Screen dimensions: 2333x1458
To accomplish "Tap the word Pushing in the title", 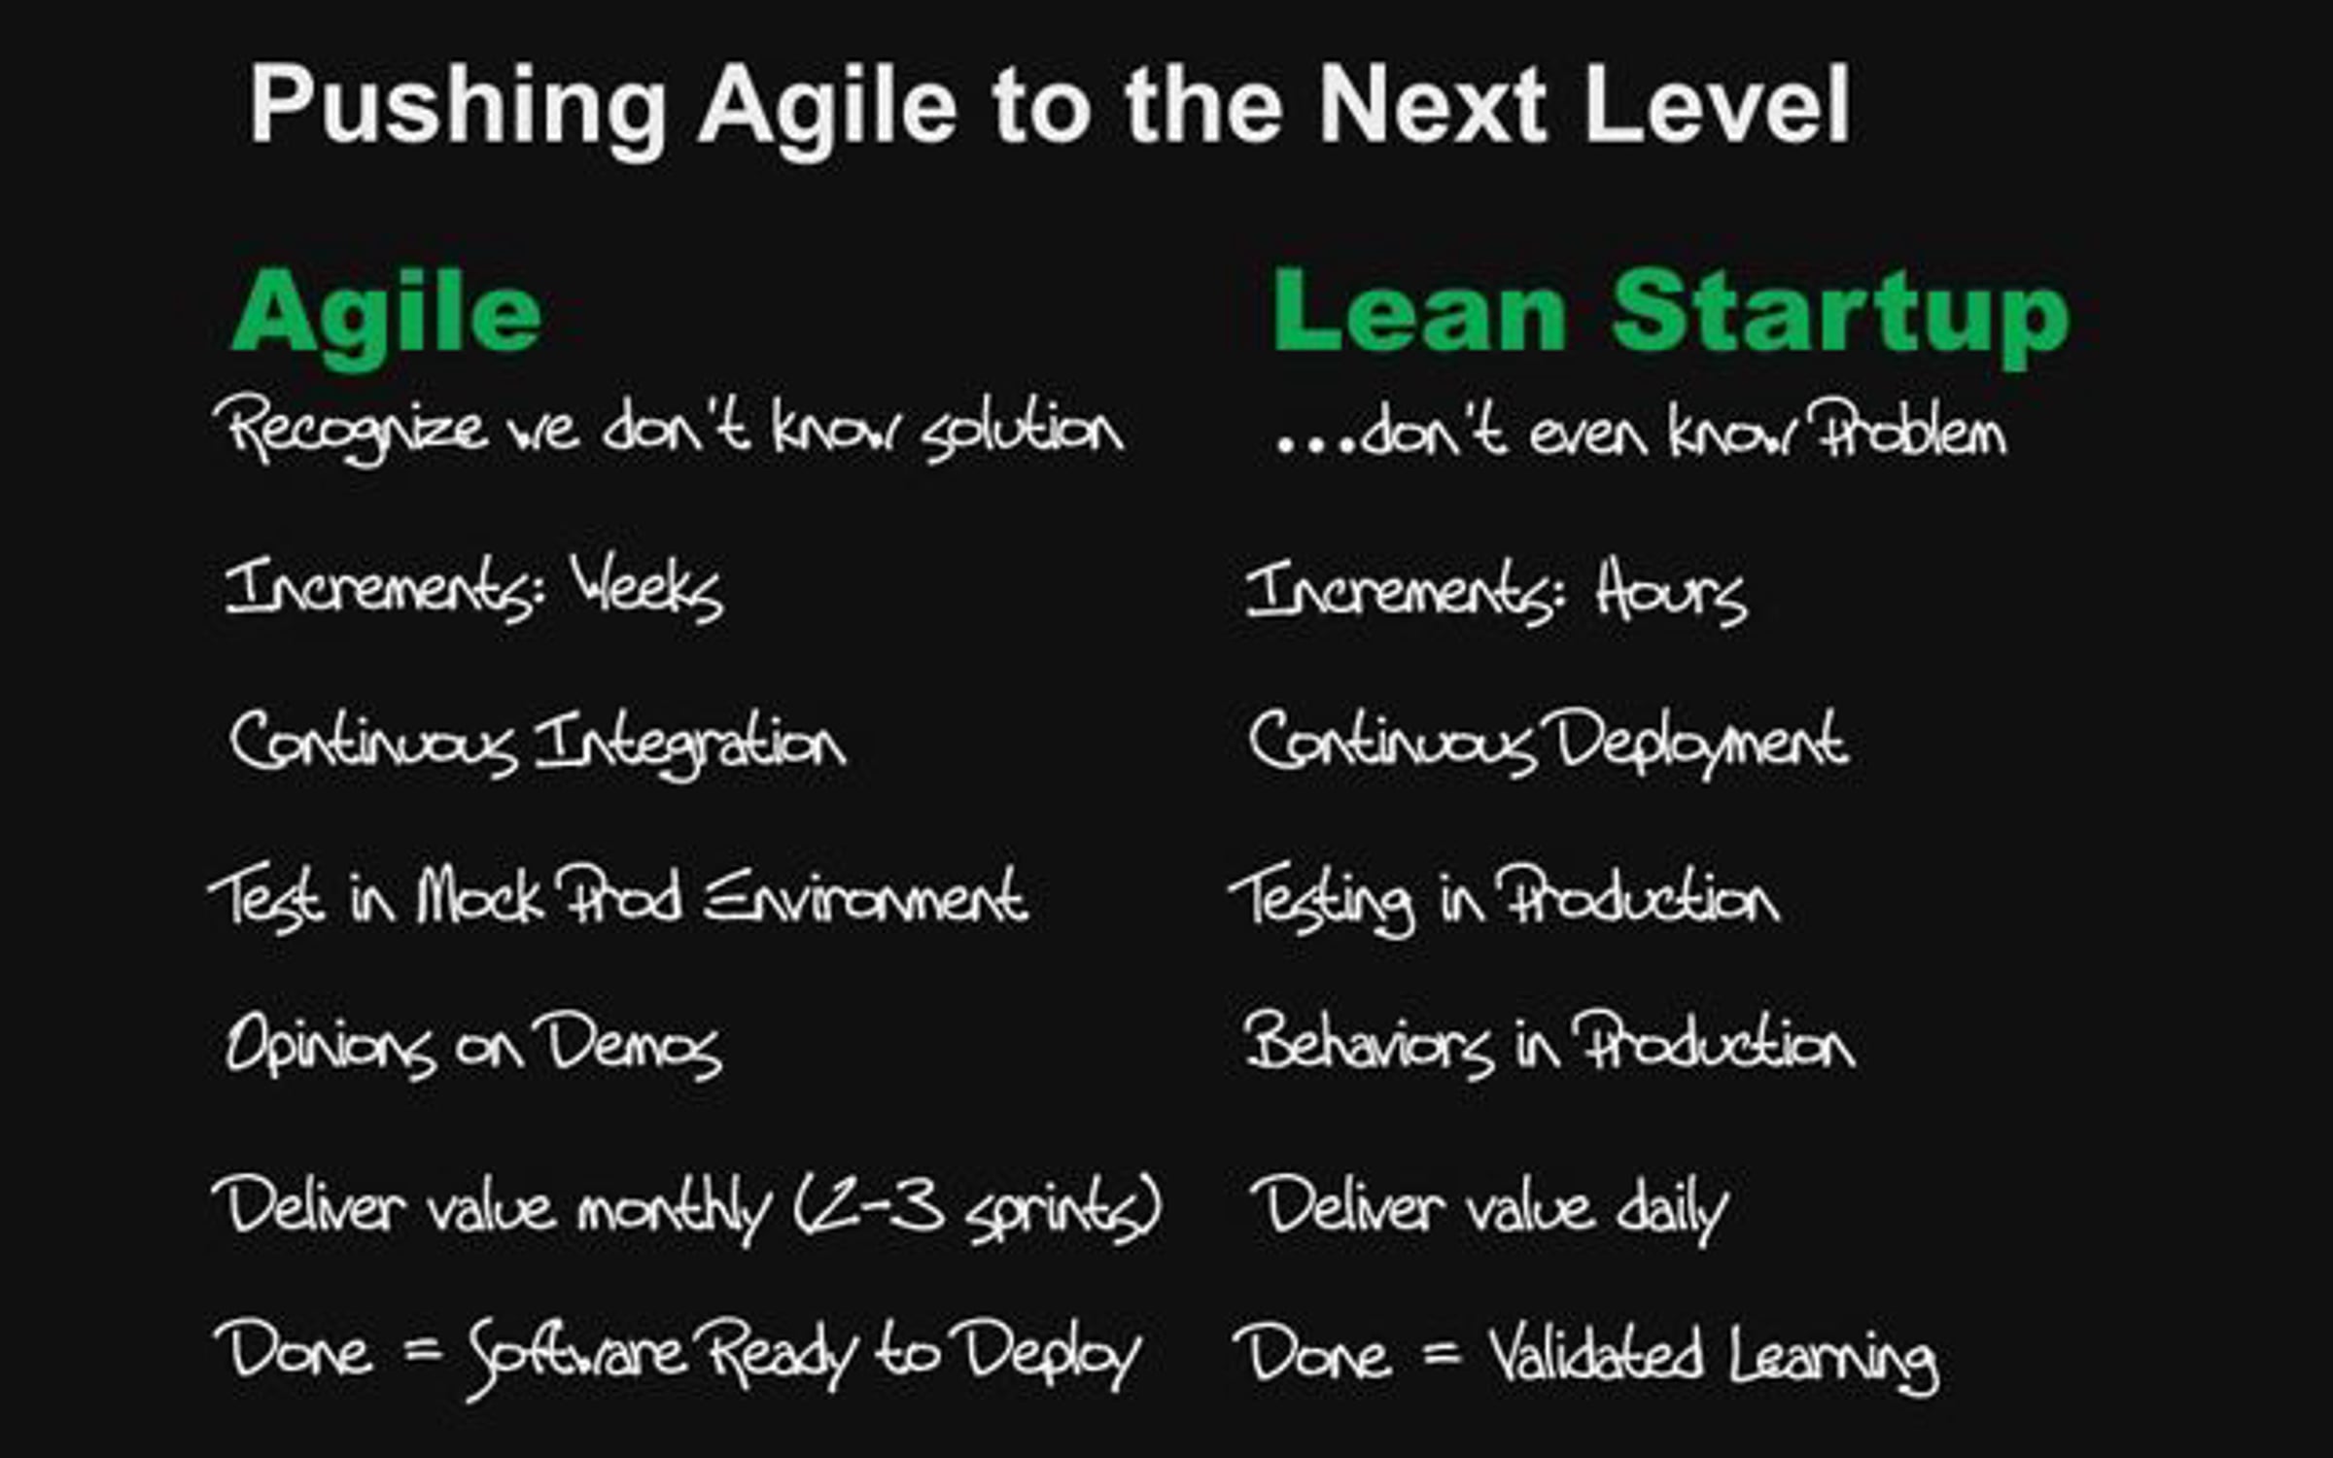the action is tap(458, 107).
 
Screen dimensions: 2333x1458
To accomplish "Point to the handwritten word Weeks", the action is tap(646, 588).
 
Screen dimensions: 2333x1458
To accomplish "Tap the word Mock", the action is tap(478, 896).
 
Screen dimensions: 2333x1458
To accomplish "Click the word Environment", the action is tap(865, 896).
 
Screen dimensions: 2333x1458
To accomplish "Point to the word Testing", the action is tap(1322, 899).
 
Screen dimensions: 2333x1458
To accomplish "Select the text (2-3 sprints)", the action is tap(978, 1208).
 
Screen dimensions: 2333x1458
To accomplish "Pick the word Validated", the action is tap(1595, 1354).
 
